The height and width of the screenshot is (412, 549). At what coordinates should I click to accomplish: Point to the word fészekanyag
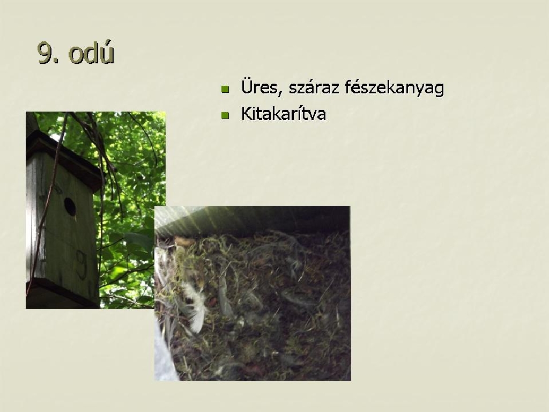click(x=394, y=88)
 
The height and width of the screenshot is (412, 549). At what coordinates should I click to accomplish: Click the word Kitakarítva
click(x=283, y=114)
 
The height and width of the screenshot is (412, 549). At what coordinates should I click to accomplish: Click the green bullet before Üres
click(x=225, y=89)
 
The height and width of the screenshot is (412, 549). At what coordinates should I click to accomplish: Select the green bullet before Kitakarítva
click(x=225, y=115)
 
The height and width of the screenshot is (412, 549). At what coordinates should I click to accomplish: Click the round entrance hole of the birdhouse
click(x=70, y=207)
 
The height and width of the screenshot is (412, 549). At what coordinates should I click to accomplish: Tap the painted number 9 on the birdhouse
click(x=81, y=264)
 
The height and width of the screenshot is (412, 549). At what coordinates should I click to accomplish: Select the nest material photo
click(x=253, y=293)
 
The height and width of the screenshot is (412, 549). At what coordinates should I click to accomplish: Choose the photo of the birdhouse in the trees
click(x=95, y=210)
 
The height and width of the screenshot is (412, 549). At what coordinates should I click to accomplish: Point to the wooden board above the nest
click(x=252, y=219)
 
